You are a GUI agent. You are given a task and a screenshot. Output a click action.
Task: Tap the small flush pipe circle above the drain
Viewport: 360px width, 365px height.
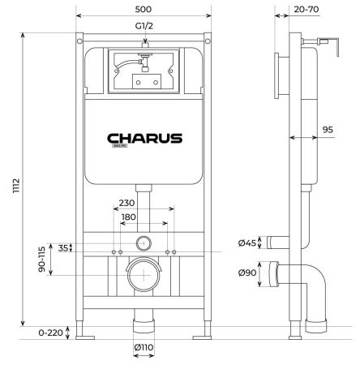coord(144,242)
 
